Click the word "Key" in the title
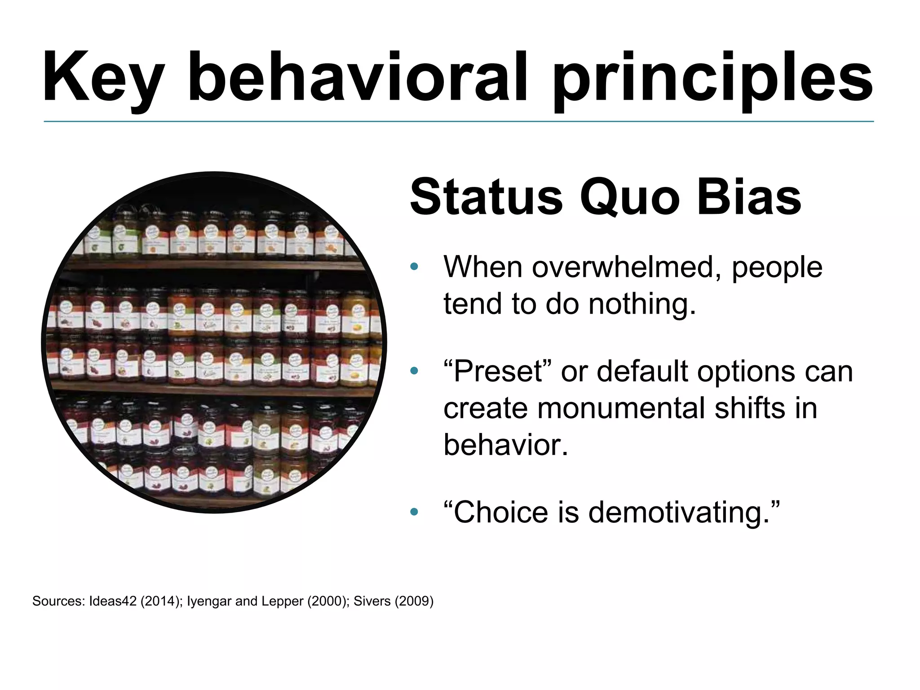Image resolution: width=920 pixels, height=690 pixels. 103,77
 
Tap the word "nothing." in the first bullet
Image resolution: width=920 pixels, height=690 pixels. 642,305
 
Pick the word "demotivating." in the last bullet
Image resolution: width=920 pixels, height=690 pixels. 683,513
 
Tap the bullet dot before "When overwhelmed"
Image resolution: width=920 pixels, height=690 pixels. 414,267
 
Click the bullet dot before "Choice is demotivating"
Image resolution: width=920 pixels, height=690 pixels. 414,512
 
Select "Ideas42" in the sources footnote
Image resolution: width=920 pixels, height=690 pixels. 113,601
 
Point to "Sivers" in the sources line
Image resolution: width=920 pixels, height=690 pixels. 372,601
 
